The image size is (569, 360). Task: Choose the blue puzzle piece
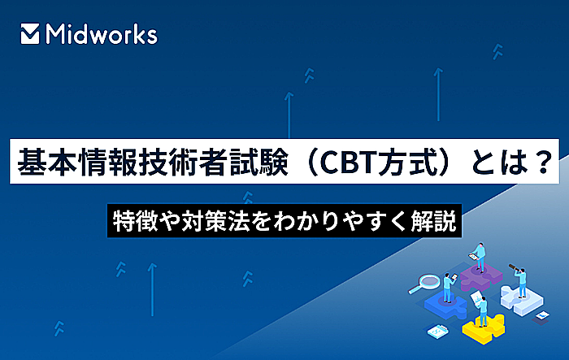tap(446, 305)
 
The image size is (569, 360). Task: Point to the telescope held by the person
tap(513, 267)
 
